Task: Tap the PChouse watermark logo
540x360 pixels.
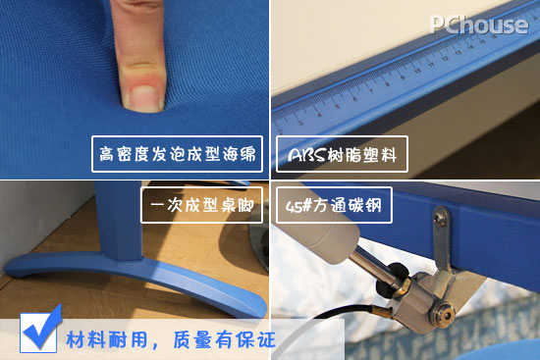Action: [480, 26]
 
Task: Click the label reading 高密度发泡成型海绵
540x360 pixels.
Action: [177, 154]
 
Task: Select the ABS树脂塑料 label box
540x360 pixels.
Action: [342, 154]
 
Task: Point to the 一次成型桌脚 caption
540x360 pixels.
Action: [202, 205]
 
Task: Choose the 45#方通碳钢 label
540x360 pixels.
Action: [334, 205]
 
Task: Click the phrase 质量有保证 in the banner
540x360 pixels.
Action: [224, 340]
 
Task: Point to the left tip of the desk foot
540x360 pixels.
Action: [8, 269]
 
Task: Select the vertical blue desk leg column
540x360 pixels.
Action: [119, 221]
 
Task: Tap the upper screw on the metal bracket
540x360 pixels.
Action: [439, 217]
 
